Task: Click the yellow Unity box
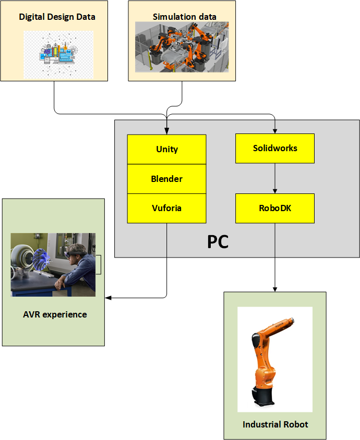click(x=167, y=149)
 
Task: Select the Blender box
click(x=167, y=179)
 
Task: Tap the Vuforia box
click(x=167, y=208)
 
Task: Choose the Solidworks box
click(x=275, y=149)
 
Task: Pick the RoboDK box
click(x=275, y=208)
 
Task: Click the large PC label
click(x=218, y=241)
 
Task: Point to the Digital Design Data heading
click(x=57, y=17)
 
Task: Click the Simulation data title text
click(x=185, y=17)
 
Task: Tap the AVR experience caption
click(x=55, y=314)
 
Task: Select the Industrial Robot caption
click(x=275, y=424)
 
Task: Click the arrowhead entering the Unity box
click(x=167, y=131)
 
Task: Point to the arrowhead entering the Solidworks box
click(x=275, y=131)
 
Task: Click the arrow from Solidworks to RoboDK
click(x=275, y=178)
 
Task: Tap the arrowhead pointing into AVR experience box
click(x=108, y=298)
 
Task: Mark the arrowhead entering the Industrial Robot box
click(x=275, y=289)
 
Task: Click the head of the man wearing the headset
click(x=76, y=252)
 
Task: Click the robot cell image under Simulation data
click(x=182, y=47)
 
